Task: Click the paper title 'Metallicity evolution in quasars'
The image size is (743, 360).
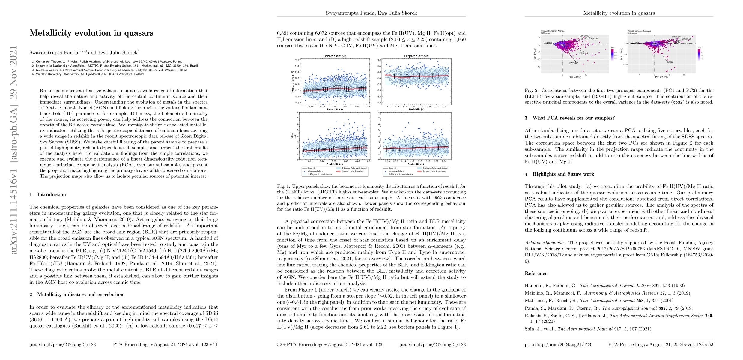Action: [91, 33]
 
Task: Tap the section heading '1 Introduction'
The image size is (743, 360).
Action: [48, 194]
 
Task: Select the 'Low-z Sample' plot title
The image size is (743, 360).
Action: [335, 56]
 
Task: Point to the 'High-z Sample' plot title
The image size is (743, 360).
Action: [416, 56]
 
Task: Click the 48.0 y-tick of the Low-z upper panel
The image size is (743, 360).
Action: [297, 60]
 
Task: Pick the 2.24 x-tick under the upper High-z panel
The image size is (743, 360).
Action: [444, 106]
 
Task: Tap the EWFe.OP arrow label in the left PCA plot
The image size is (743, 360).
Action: [574, 63]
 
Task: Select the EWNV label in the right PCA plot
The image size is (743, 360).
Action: [670, 62]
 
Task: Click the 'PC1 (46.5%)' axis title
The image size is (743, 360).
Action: [574, 77]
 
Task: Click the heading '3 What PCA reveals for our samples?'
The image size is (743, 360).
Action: [570, 118]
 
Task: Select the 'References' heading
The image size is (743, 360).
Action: [537, 273]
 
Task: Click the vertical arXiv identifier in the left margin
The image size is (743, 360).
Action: [14, 150]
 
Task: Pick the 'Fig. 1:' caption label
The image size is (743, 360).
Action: [283, 186]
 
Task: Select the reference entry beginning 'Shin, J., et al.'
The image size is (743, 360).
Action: [588, 329]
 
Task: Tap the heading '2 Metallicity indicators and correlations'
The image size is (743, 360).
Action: [77, 295]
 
